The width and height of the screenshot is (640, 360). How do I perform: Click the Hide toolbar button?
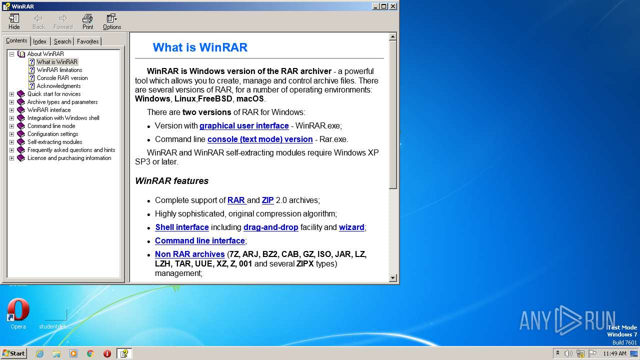[x=14, y=21]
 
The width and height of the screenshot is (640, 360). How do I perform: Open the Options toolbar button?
[x=112, y=21]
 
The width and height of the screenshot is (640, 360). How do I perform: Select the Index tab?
[x=39, y=41]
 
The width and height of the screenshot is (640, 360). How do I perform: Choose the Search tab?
[x=62, y=41]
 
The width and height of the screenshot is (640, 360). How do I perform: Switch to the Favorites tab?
[x=87, y=41]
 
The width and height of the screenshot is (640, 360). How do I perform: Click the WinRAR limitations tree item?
[x=59, y=70]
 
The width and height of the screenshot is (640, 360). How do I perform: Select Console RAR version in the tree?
[x=62, y=78]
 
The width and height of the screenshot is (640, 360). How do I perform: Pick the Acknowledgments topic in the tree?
[x=58, y=86]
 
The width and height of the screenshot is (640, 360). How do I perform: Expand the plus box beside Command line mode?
[x=11, y=126]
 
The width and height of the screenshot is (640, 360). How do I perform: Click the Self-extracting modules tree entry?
[x=54, y=142]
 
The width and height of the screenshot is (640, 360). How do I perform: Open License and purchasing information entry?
[x=69, y=158]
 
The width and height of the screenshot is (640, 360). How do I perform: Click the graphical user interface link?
[x=244, y=126]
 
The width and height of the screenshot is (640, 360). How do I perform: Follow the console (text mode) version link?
[x=260, y=139]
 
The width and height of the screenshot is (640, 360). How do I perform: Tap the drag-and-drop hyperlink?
[x=270, y=227]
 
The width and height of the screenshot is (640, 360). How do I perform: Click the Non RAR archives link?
[x=189, y=254]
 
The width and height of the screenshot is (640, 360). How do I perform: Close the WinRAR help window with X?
[x=393, y=6]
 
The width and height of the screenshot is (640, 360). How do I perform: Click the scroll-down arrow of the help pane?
[x=392, y=278]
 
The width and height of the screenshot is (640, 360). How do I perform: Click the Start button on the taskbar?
[x=13, y=353]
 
